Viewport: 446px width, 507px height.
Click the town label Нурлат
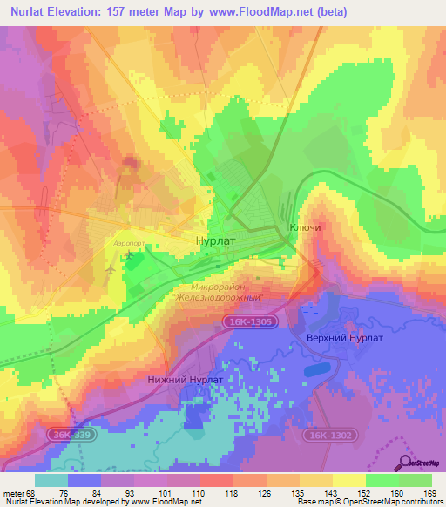[x=215, y=240]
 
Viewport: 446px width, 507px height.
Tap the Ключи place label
[x=305, y=228]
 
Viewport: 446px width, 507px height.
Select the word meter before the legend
[x=12, y=493]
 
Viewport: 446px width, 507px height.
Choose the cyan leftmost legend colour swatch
[x=51, y=480]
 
